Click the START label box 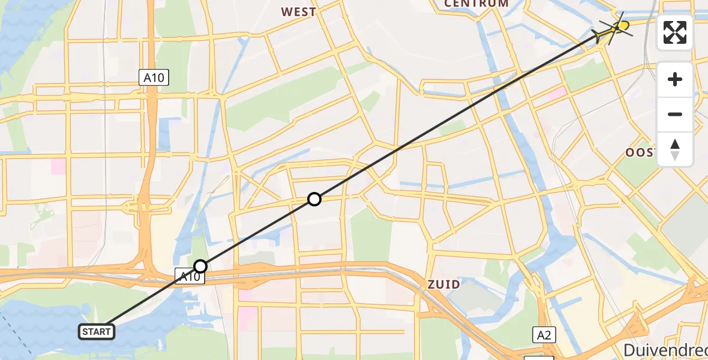[x=97, y=331]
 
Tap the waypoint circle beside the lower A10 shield [x=200, y=266]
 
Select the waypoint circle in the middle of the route [x=314, y=199]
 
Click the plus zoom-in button [x=675, y=79]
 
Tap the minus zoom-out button [x=675, y=114]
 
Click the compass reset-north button [x=675, y=149]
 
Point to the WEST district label [x=298, y=11]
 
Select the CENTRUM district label [x=476, y=4]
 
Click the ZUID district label [x=444, y=284]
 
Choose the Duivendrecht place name [x=665, y=350]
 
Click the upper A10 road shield [x=154, y=77]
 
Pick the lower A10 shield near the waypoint [x=187, y=276]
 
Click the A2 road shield [x=544, y=335]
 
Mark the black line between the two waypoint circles [x=258, y=233]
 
